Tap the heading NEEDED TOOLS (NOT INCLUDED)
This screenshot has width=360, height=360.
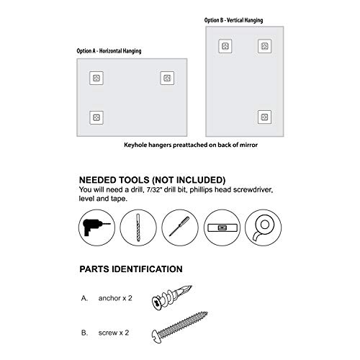click(152, 179)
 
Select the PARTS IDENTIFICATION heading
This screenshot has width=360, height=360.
click(130, 269)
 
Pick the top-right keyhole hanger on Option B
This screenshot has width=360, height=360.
click(265, 47)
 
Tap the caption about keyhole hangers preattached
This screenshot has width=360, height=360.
click(190, 145)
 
